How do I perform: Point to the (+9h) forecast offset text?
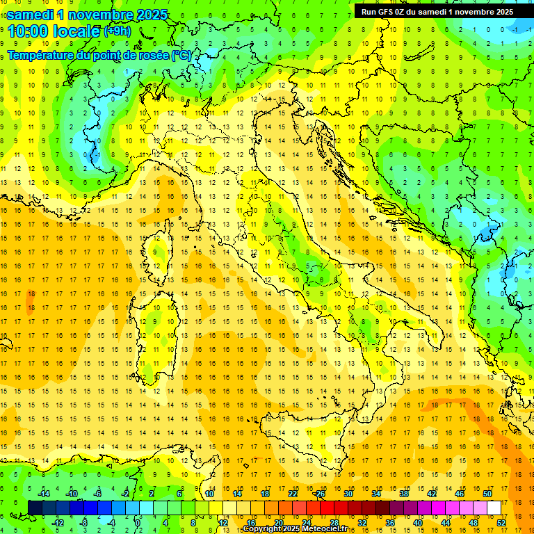117,31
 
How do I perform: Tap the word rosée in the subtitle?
154,55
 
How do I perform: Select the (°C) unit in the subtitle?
181,55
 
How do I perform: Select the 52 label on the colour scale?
501,523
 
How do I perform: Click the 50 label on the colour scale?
487,494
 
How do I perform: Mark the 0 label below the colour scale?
138,523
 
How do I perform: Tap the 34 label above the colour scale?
375,494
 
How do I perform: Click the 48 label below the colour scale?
474,523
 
